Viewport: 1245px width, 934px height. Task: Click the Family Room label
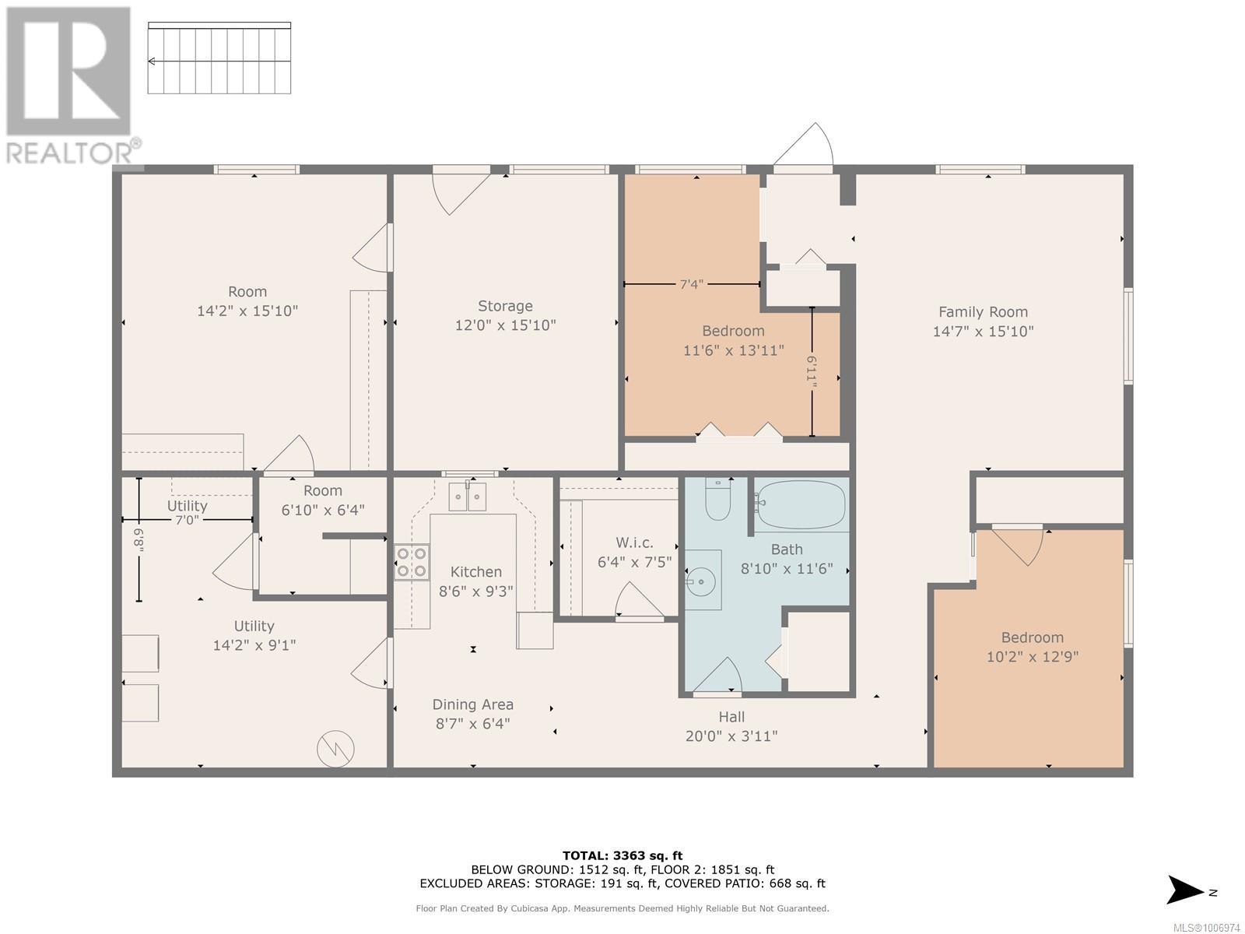tap(983, 312)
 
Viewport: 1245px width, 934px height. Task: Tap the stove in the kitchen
tap(412, 562)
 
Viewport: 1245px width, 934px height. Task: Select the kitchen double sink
tap(467, 497)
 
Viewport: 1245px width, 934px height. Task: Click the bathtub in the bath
tap(801, 504)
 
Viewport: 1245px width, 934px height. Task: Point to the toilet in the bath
tap(717, 500)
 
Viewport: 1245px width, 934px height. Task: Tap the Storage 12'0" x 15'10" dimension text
tap(505, 325)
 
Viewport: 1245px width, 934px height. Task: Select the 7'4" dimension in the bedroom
tap(691, 284)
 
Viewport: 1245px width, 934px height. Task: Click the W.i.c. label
tap(634, 542)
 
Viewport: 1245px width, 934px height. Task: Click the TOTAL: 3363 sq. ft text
tap(622, 855)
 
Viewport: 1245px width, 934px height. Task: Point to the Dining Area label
tap(472, 704)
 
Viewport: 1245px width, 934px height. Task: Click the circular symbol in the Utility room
tap(335, 749)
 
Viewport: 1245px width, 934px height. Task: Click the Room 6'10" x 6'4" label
tap(323, 500)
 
